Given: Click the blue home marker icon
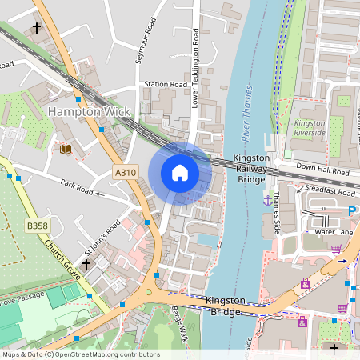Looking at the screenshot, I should coord(180,173).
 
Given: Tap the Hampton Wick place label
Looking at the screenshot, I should coord(87,111).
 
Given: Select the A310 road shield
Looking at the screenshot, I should coord(126,172).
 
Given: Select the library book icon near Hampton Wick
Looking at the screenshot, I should coord(64,149).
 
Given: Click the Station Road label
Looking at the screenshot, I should coord(166,84).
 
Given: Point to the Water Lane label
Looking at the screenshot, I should coord(334,231).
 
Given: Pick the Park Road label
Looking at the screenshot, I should coord(77,188).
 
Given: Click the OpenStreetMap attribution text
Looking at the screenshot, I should coord(81,354).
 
